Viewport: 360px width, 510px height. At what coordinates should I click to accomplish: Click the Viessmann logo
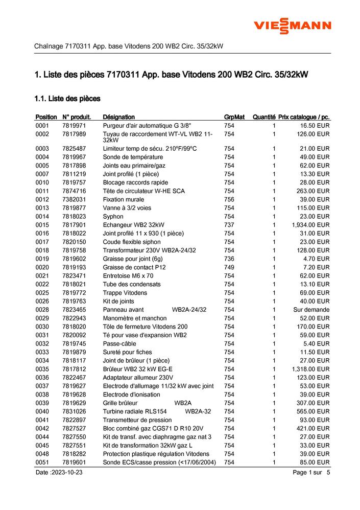[x=293, y=25]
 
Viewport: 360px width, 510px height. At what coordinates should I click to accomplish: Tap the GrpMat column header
[x=234, y=117]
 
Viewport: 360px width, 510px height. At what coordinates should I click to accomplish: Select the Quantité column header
[x=264, y=117]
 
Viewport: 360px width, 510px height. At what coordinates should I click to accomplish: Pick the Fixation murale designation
[x=123, y=199]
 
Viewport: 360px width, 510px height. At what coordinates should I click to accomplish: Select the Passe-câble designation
[x=119, y=343]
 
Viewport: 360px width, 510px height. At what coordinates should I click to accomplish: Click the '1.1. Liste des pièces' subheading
[x=67, y=98]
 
